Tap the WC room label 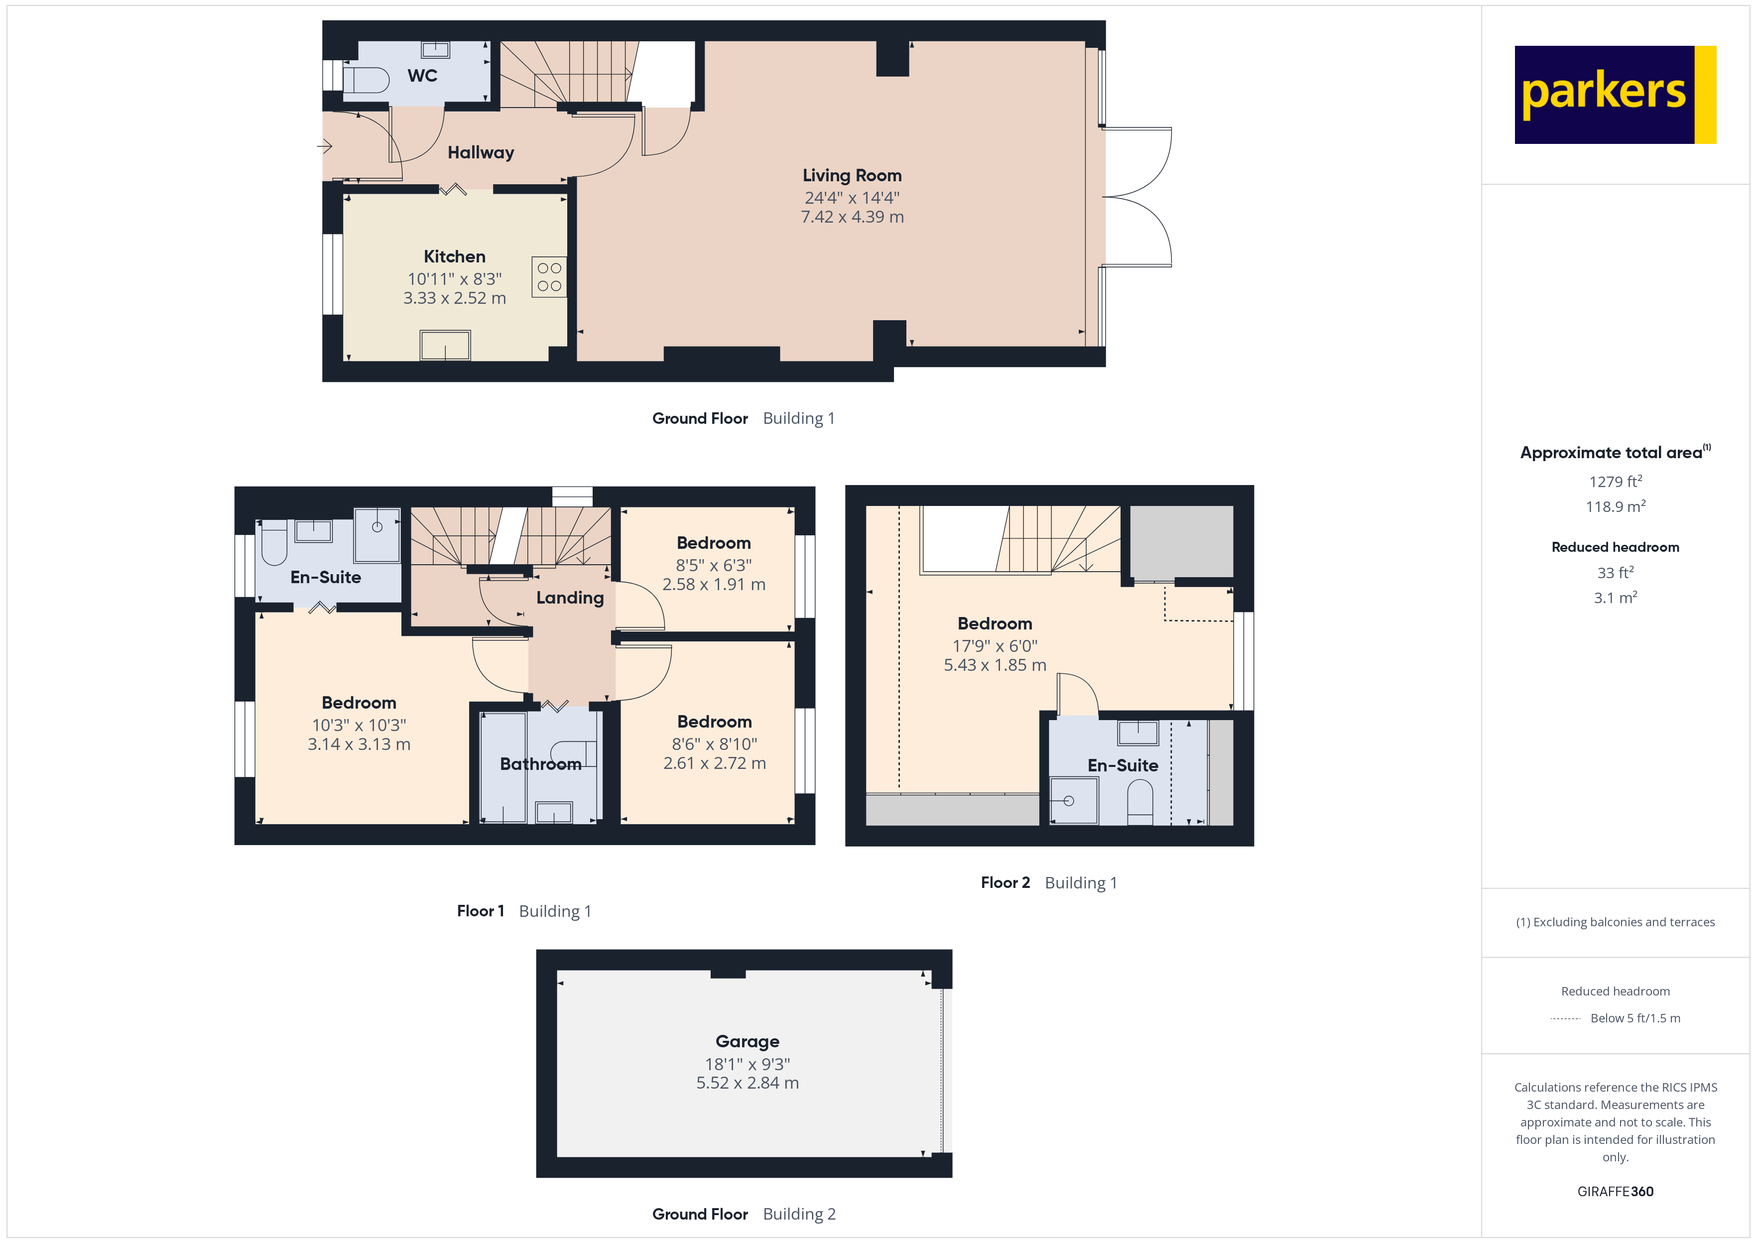[x=422, y=76]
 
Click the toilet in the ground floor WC [x=366, y=80]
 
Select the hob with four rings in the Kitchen [x=549, y=277]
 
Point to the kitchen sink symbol [x=445, y=345]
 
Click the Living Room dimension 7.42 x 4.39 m [x=852, y=217]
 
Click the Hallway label [x=481, y=152]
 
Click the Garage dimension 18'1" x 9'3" [x=747, y=1064]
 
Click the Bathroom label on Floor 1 [x=540, y=764]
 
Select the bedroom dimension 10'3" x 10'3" [x=359, y=725]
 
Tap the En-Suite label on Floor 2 [x=1122, y=765]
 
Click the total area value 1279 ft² [x=1615, y=482]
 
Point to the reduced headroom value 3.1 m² [x=1615, y=598]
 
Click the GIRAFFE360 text [x=1615, y=1192]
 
